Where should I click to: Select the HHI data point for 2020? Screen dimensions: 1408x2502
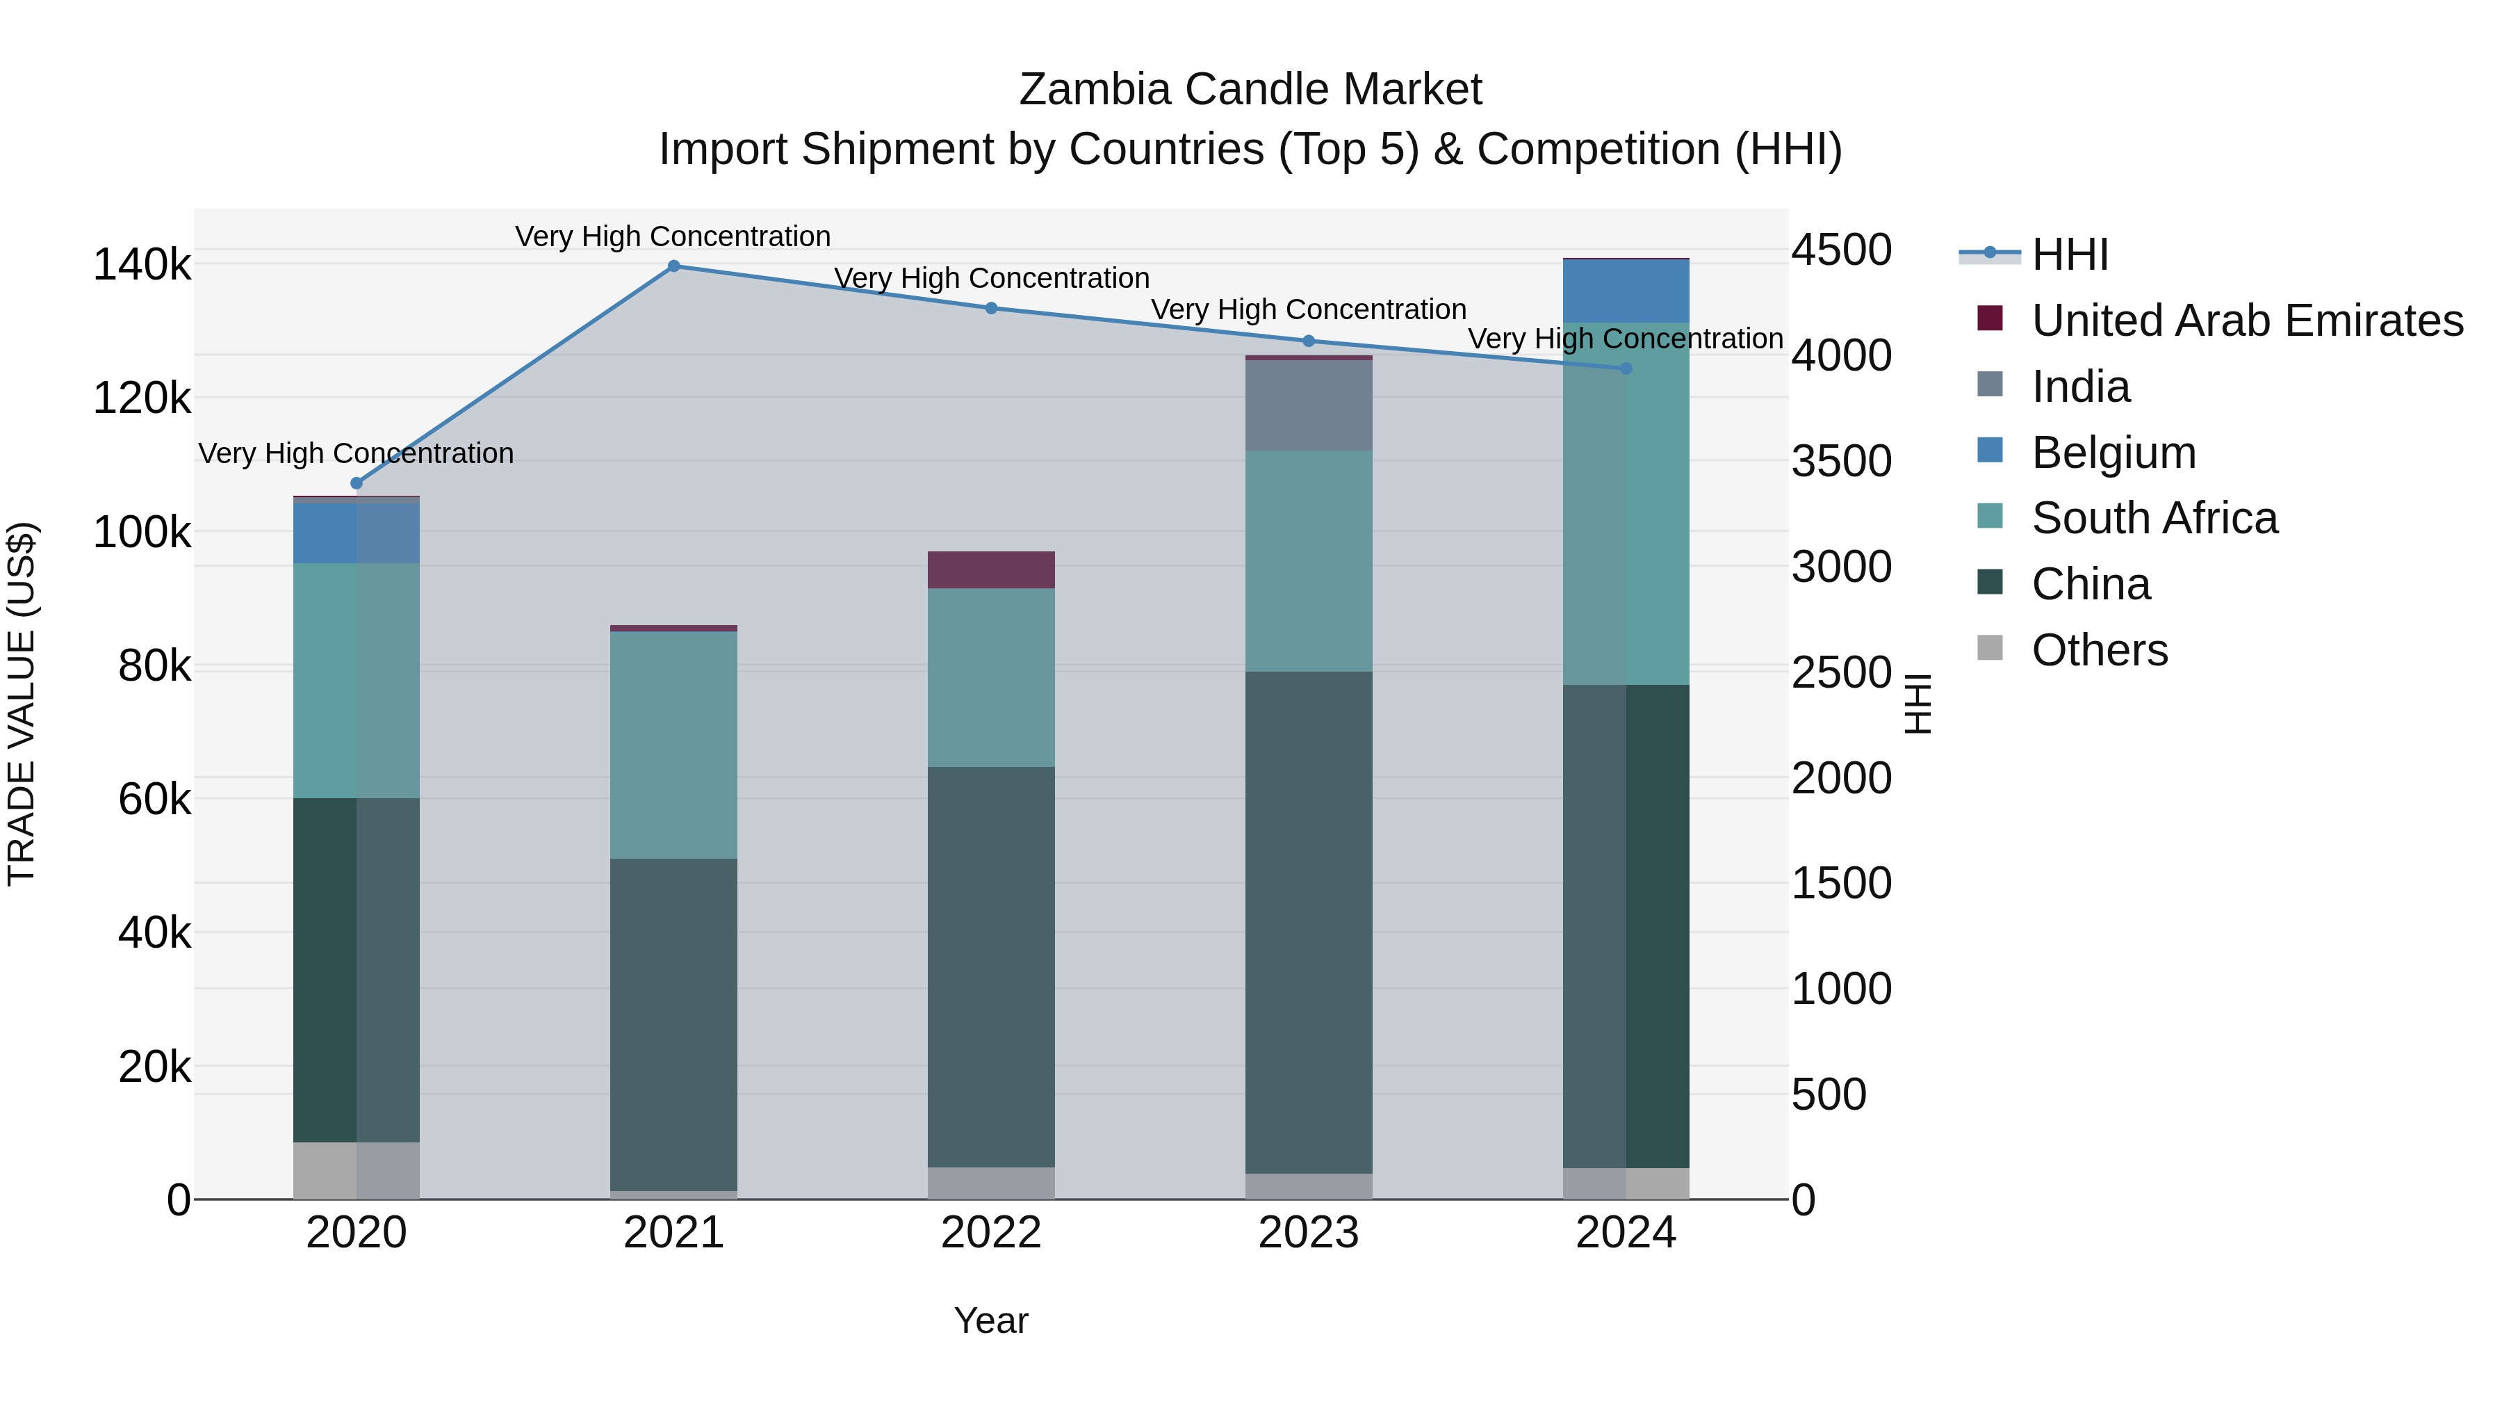tap(357, 483)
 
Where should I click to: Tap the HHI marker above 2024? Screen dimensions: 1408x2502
tap(1626, 369)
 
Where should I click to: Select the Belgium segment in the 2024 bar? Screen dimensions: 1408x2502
tap(1626, 291)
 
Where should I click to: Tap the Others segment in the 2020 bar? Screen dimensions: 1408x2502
tap(357, 1170)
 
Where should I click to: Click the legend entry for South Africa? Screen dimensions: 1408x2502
tap(2154, 518)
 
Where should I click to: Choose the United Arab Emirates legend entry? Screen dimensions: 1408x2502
tap(2246, 320)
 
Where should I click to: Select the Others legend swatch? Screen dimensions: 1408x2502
tap(1990, 648)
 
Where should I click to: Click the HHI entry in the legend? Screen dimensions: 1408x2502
tap(2069, 254)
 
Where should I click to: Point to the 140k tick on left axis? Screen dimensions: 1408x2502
tap(142, 264)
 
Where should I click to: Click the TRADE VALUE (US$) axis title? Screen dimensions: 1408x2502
tap(22, 704)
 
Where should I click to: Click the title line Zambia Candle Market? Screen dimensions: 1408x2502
tap(1250, 90)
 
